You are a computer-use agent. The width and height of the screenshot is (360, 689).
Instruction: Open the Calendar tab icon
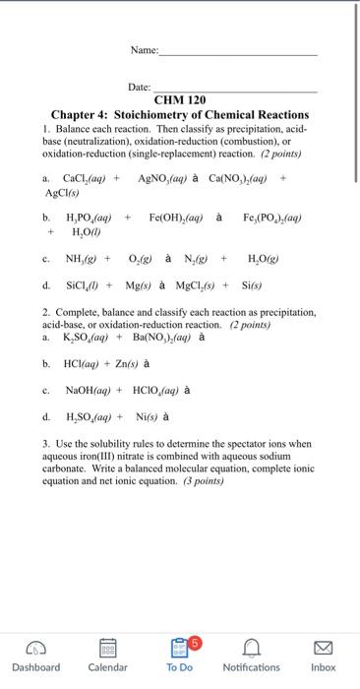click(107, 646)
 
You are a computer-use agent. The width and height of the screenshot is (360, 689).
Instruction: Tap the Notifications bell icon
click(251, 646)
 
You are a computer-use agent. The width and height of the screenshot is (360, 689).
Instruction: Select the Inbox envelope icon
click(324, 646)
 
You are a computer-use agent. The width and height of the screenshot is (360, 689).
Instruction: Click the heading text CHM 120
click(180, 100)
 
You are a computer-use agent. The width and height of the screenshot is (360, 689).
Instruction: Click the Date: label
click(142, 88)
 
